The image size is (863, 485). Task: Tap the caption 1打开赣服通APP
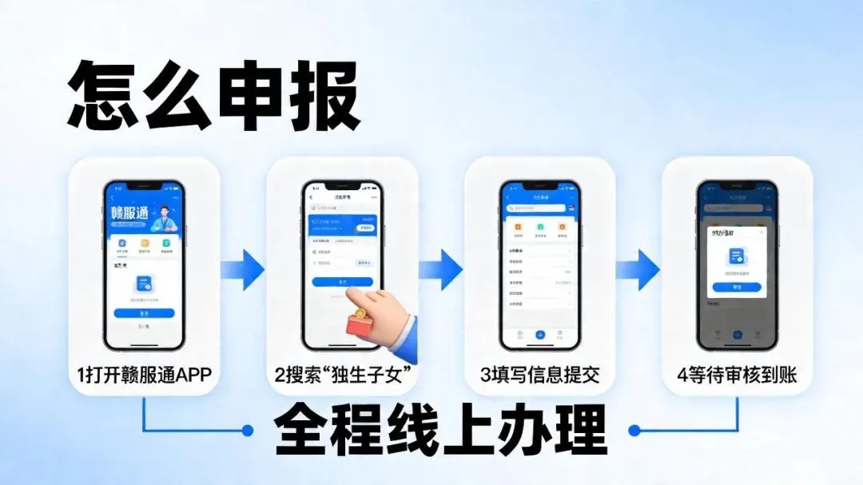click(x=145, y=374)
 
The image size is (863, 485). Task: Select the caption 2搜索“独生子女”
click(x=343, y=374)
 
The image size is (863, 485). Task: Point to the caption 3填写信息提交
click(x=540, y=374)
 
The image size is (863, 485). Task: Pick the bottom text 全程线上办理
click(x=440, y=431)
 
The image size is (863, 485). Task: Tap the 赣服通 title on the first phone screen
click(x=130, y=214)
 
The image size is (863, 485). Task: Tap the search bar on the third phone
click(x=539, y=208)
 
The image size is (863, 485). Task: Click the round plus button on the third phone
click(x=540, y=334)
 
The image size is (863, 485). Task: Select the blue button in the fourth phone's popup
click(x=737, y=287)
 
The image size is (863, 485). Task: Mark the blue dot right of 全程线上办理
click(x=634, y=431)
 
